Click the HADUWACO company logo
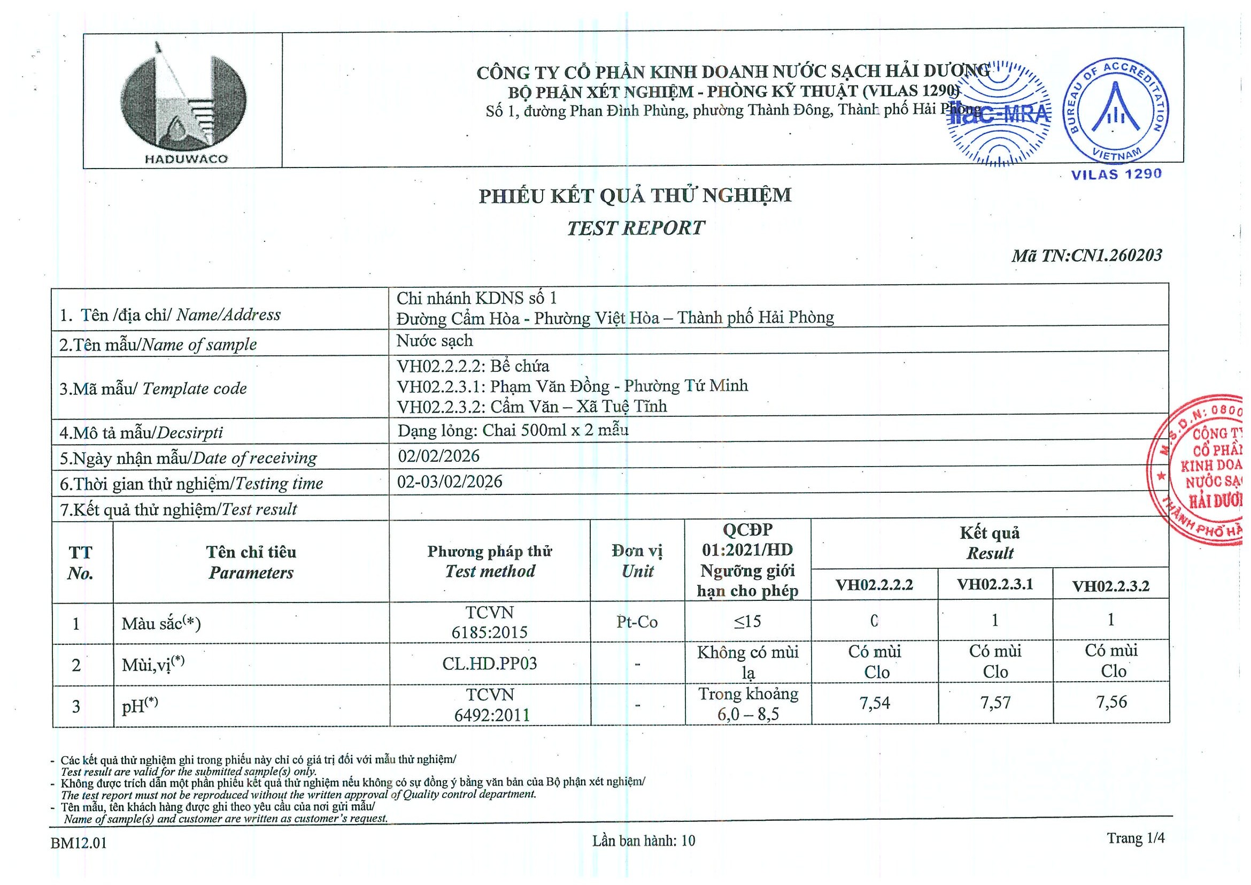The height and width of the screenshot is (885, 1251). pyautogui.click(x=183, y=102)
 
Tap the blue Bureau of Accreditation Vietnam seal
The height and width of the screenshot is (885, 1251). pyautogui.click(x=1115, y=112)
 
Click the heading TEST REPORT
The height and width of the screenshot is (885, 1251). pyautogui.click(x=635, y=228)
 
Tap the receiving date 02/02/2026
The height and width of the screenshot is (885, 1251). pyautogui.click(x=438, y=456)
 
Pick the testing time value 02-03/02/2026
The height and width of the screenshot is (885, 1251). pyautogui.click(x=450, y=482)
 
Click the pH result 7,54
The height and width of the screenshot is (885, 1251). pyautogui.click(x=875, y=703)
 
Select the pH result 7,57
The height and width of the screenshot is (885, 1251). pyautogui.click(x=995, y=703)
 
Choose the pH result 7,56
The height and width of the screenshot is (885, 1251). pyautogui.click(x=1111, y=702)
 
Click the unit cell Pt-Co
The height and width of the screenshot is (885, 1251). pyautogui.click(x=637, y=622)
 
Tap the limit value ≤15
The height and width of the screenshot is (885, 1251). pyautogui.click(x=747, y=621)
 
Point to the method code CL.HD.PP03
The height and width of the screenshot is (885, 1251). pyautogui.click(x=489, y=663)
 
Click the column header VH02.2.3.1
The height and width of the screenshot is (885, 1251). pyautogui.click(x=995, y=584)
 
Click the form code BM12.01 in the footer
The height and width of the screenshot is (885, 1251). pyautogui.click(x=79, y=843)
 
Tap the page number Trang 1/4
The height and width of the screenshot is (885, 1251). pyautogui.click(x=1136, y=837)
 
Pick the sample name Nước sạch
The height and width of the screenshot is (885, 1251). pyautogui.click(x=434, y=341)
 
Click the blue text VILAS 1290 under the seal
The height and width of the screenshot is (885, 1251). pyautogui.click(x=1116, y=174)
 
